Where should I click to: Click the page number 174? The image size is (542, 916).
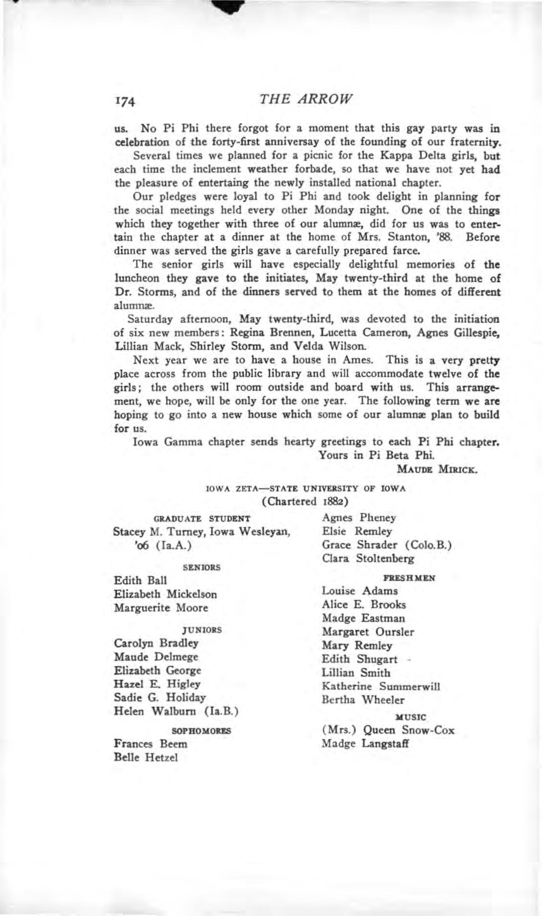point(126,101)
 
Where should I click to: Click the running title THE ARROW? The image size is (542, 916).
point(306,99)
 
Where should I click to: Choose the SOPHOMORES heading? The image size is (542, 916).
point(201,731)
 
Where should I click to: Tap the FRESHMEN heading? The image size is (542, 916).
point(410,578)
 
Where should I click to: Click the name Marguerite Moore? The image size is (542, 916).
point(161,608)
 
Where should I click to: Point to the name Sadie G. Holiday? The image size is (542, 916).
point(160,698)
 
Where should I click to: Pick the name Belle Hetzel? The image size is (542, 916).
point(146,757)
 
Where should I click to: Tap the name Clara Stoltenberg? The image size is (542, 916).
point(368,559)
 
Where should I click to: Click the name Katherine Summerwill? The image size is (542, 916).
point(381,687)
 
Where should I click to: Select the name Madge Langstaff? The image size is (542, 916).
point(365,744)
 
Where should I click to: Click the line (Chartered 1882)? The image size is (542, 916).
point(306,501)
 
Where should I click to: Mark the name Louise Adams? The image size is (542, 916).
point(360,591)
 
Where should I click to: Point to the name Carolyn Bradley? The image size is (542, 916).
point(156,643)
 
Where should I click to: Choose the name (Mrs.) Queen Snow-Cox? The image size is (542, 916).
point(388,730)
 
